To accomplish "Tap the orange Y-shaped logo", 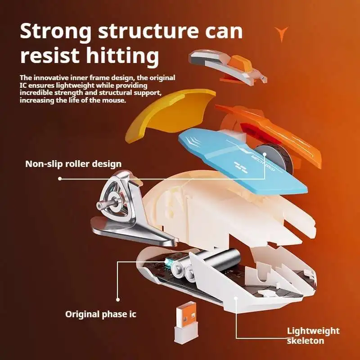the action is coord(282,33).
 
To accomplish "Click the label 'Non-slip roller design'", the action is coord(73,164).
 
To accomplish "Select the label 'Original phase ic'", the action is coord(100,314).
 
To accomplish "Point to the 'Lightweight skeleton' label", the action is coord(313,336).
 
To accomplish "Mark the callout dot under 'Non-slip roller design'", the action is coord(60,178).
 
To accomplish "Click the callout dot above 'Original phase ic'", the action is coord(118,299).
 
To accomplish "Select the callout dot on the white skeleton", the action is coord(236,298).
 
